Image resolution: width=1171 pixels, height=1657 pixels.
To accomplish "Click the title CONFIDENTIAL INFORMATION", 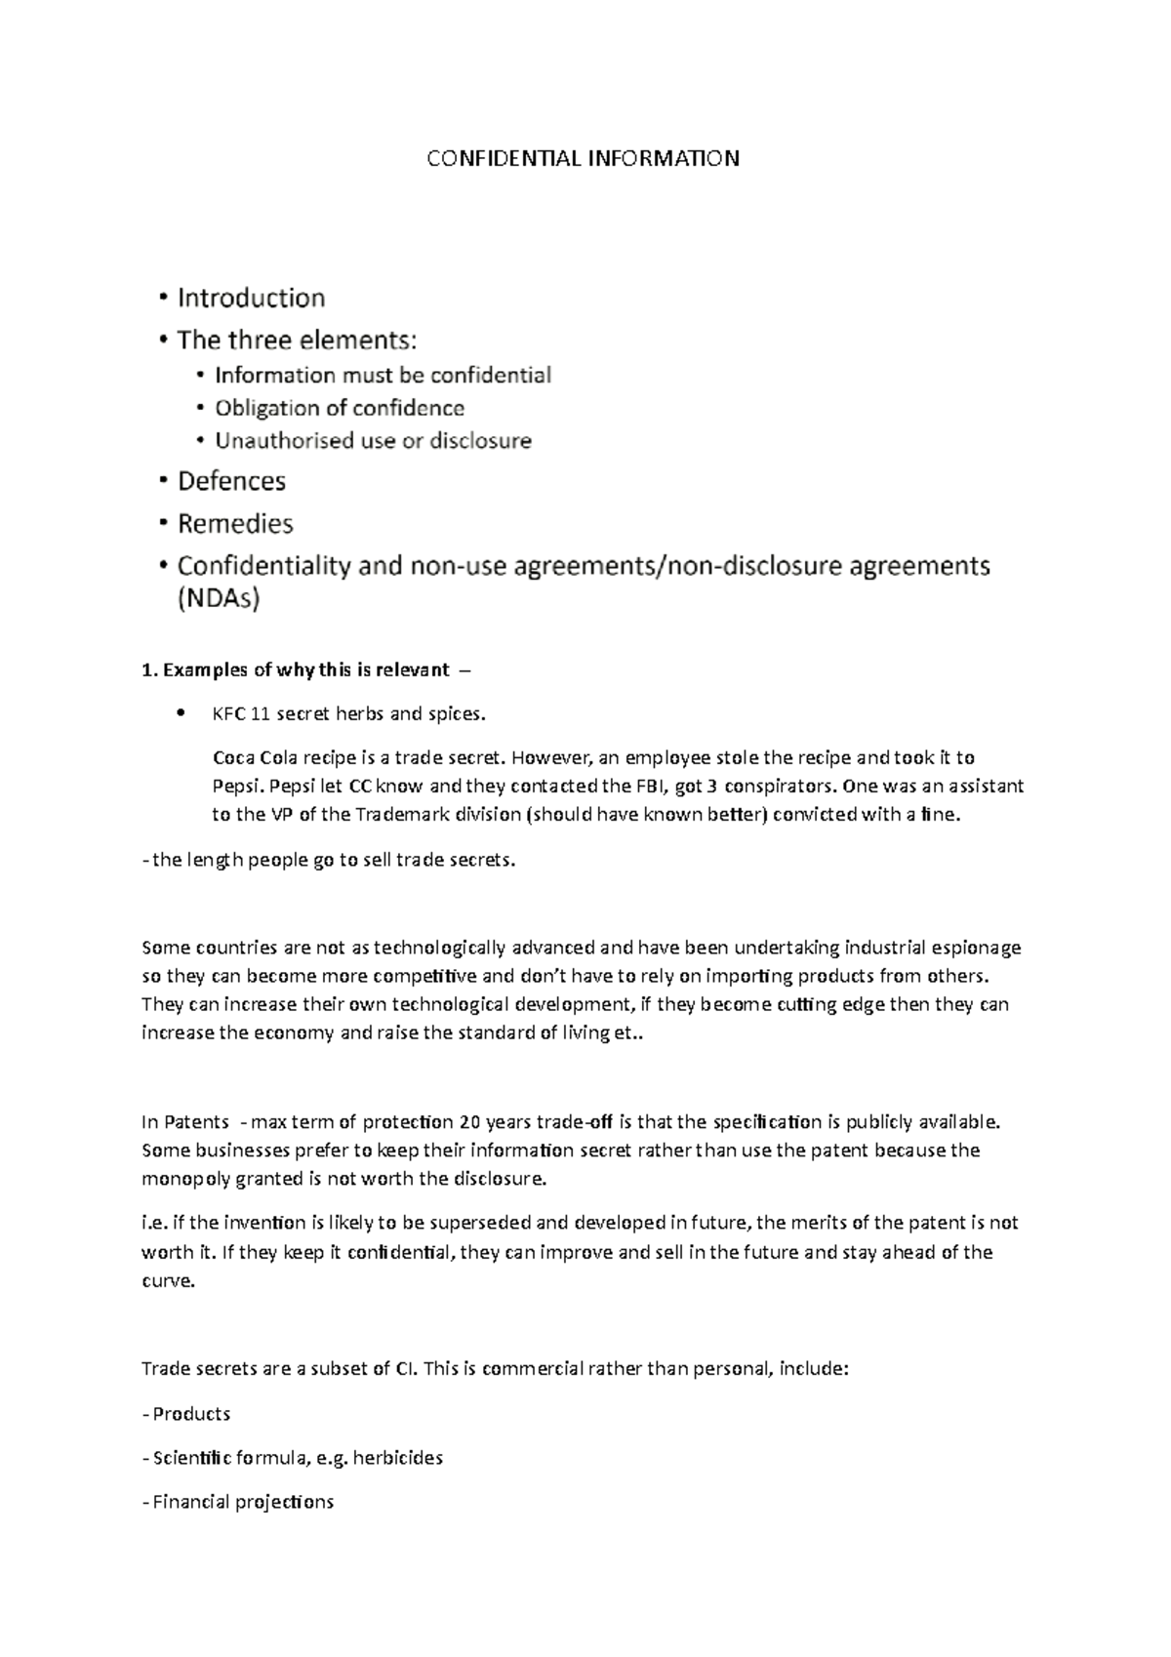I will (583, 158).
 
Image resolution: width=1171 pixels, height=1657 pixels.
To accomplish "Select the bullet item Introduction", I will (251, 298).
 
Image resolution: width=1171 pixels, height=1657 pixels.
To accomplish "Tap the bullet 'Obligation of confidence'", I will (339, 408).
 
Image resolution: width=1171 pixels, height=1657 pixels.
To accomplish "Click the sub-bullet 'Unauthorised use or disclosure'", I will (373, 441).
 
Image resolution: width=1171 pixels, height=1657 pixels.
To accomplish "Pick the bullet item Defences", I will (231, 481).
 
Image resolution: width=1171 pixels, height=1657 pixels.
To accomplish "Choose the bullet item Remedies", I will (235, 524).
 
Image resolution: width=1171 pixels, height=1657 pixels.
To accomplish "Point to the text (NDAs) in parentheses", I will (219, 600).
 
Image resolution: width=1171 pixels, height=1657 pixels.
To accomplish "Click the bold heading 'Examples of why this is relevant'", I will (305, 669).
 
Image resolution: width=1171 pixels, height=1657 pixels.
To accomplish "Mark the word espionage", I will (976, 947).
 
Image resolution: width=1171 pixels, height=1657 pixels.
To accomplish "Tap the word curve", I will (168, 1281).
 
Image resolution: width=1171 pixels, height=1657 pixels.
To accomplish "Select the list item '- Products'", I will (186, 1413).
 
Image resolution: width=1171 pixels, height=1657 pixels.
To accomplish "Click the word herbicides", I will (398, 1458).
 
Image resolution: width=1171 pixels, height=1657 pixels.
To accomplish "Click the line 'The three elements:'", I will (297, 341).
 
